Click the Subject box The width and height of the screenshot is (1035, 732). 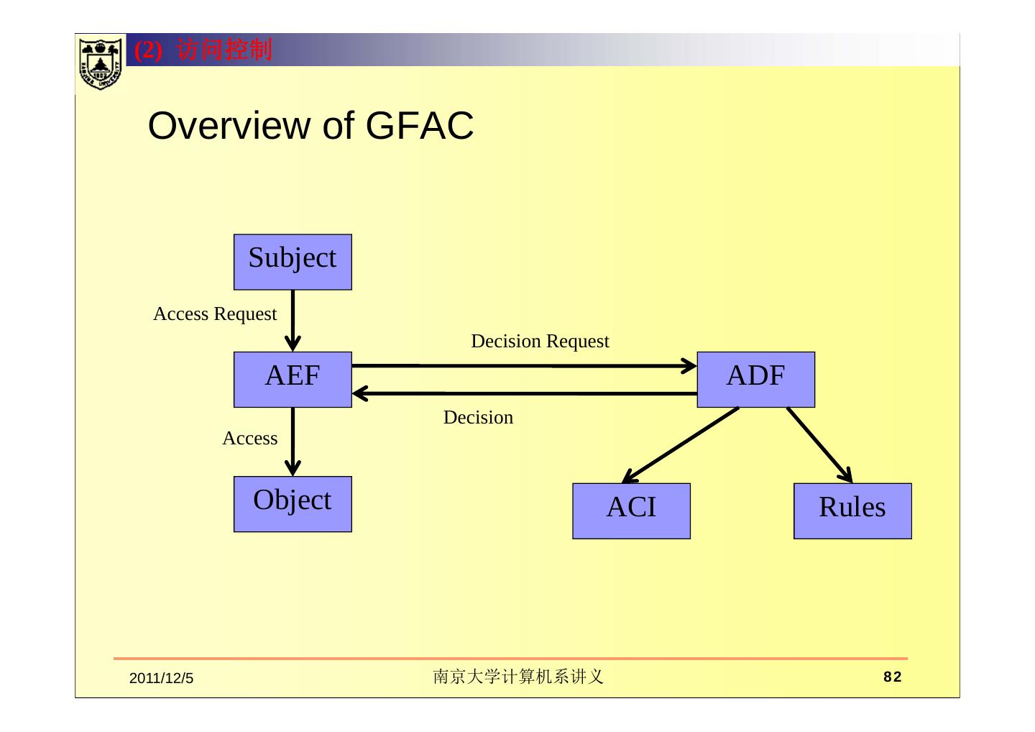(293, 262)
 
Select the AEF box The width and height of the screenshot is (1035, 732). (293, 380)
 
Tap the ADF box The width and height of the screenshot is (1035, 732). (756, 380)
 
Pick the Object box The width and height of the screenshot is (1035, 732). (293, 504)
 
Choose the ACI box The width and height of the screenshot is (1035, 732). (631, 511)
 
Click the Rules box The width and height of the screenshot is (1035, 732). (852, 511)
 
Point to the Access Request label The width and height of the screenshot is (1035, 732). (215, 314)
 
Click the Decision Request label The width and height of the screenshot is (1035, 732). (540, 342)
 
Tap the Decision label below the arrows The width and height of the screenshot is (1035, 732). (478, 417)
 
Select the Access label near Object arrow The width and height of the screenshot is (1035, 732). (250, 438)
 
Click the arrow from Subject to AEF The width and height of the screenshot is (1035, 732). (293, 321)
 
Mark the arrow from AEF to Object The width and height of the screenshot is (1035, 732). (293, 442)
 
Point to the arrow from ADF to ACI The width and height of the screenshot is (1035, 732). (681, 445)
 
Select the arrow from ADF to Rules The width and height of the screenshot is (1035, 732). (819, 445)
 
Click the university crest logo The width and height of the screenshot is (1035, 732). (101, 63)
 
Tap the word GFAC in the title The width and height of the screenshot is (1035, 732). (420, 126)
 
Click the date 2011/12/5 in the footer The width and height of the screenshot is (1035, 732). (161, 678)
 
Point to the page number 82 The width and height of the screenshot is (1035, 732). (892, 677)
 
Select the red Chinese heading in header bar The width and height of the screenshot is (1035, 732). (203, 50)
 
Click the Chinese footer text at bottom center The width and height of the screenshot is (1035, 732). (518, 677)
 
